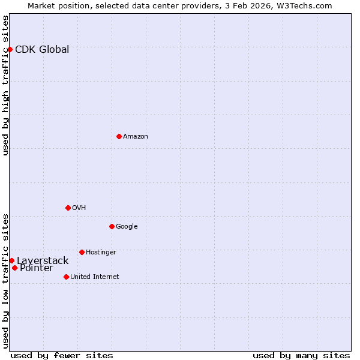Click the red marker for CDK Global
click(x=10, y=49)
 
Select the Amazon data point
click(x=119, y=136)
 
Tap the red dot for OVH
click(x=68, y=208)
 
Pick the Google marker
click(x=112, y=226)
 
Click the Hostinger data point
click(x=82, y=252)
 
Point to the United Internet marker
click(x=66, y=277)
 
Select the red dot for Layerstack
click(x=11, y=260)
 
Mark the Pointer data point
click(x=14, y=268)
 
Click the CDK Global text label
click(x=42, y=49)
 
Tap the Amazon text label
click(x=136, y=136)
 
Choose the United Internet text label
click(x=95, y=277)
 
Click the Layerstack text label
click(x=43, y=260)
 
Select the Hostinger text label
click(x=101, y=252)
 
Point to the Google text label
click(x=127, y=226)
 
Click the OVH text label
click(x=79, y=208)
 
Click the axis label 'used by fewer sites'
click(x=62, y=355)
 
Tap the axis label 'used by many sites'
click(x=301, y=355)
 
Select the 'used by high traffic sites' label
click(x=5, y=85)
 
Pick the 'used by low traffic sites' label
click(x=5, y=280)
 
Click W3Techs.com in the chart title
click(x=307, y=5)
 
